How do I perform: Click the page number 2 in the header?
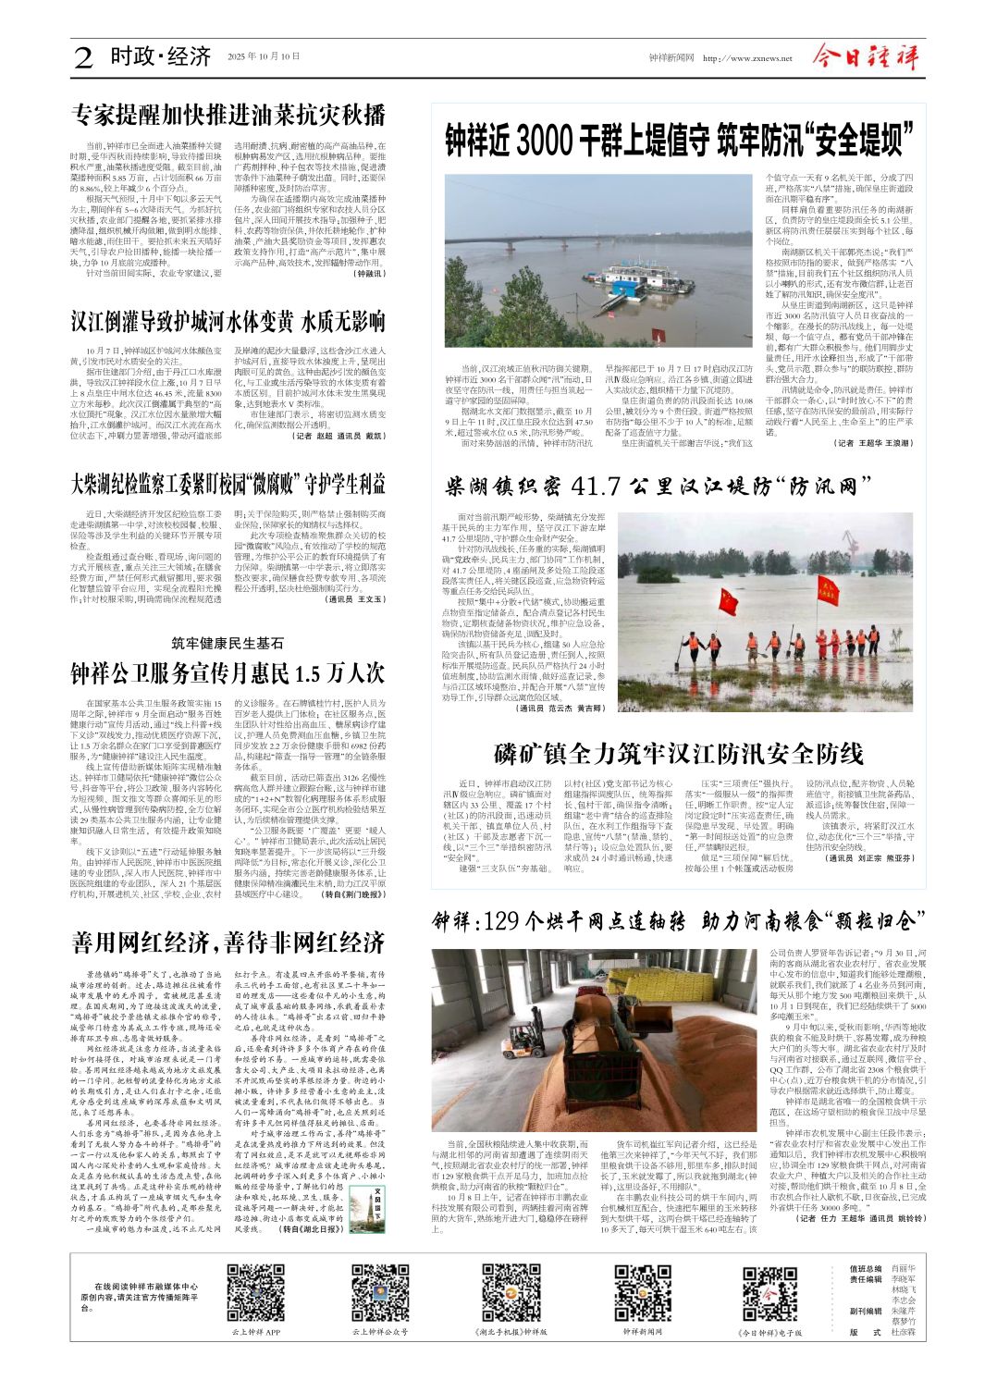[83, 58]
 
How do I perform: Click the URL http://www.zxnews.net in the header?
[747, 58]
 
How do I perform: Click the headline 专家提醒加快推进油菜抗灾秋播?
[228, 116]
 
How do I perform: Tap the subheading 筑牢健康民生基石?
[228, 643]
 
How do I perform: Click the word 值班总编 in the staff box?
[866, 1270]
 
